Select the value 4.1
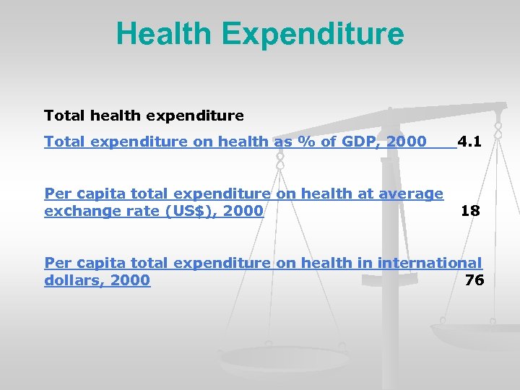point(469,142)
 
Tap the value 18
point(470,211)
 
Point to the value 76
point(474,280)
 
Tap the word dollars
point(73,280)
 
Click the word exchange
point(78,211)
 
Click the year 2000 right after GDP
point(407,142)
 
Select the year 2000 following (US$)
point(243,211)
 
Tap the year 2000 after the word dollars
point(130,280)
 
